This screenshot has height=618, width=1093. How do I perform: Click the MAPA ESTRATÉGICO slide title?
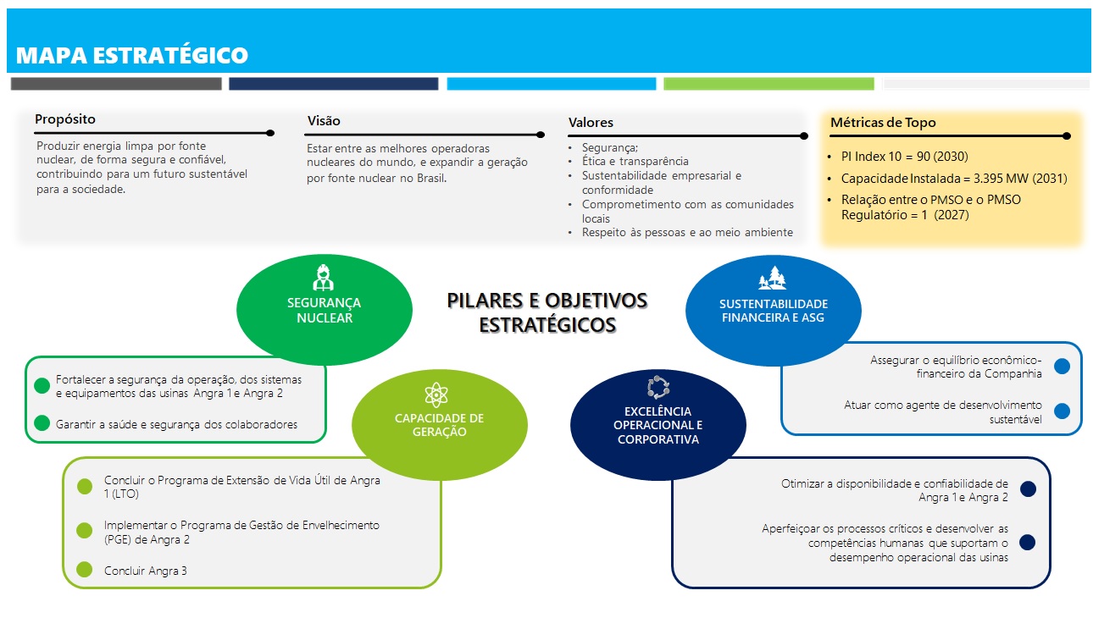[x=132, y=56]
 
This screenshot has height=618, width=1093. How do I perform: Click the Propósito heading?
[x=65, y=119]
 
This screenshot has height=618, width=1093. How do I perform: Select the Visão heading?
[x=324, y=121]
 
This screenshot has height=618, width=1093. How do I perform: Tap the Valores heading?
[x=591, y=123]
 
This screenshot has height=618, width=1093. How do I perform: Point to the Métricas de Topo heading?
[x=883, y=123]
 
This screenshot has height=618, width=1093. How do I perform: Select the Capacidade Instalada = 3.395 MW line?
[x=954, y=179]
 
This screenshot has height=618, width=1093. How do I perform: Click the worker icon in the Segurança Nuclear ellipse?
[x=323, y=278]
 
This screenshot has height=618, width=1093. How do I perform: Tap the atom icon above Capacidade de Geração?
[x=436, y=395]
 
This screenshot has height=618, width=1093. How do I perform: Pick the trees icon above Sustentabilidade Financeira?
[x=772, y=279]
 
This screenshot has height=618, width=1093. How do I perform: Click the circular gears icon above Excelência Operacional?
[x=657, y=389]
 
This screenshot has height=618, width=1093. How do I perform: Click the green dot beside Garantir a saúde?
[x=42, y=423]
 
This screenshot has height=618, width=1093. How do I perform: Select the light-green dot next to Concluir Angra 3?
[x=85, y=570]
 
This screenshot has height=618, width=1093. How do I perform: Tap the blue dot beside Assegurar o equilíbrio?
[x=1062, y=367]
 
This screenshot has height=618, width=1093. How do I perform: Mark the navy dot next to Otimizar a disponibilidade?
[x=1029, y=489]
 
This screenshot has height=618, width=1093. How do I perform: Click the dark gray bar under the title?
[x=116, y=84]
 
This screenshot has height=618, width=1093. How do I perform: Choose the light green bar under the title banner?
[x=768, y=84]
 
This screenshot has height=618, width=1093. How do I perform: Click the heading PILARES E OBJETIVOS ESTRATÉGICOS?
[x=546, y=312]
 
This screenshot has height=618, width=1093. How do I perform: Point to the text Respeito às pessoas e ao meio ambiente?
[x=687, y=232]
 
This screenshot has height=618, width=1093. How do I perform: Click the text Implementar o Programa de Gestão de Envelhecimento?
[x=241, y=526]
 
